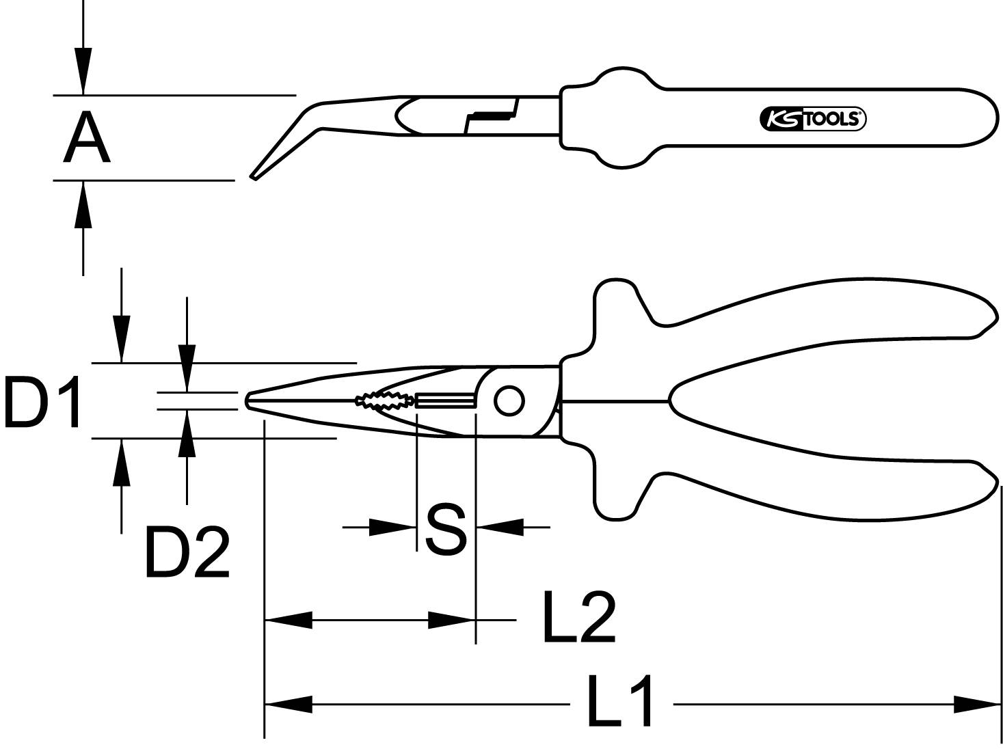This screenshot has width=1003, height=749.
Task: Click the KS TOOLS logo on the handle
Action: tap(812, 119)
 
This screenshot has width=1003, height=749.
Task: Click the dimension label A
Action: tap(86, 139)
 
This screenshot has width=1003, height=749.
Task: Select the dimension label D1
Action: tap(42, 402)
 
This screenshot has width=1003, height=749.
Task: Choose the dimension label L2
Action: tap(578, 618)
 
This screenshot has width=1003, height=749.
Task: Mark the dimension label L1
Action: tap(619, 702)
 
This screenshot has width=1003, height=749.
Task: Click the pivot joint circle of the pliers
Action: tap(508, 401)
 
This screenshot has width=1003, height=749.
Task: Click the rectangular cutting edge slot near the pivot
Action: tap(444, 400)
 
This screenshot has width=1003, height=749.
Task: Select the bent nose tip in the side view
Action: tap(255, 176)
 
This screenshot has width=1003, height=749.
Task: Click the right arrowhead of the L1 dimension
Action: tap(978, 703)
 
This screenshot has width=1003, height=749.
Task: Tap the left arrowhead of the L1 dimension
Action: tap(288, 703)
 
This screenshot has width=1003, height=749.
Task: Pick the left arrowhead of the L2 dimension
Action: tap(288, 620)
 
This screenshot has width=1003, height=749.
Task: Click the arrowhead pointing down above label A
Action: tap(83, 71)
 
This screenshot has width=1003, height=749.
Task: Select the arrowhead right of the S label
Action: tap(499, 527)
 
